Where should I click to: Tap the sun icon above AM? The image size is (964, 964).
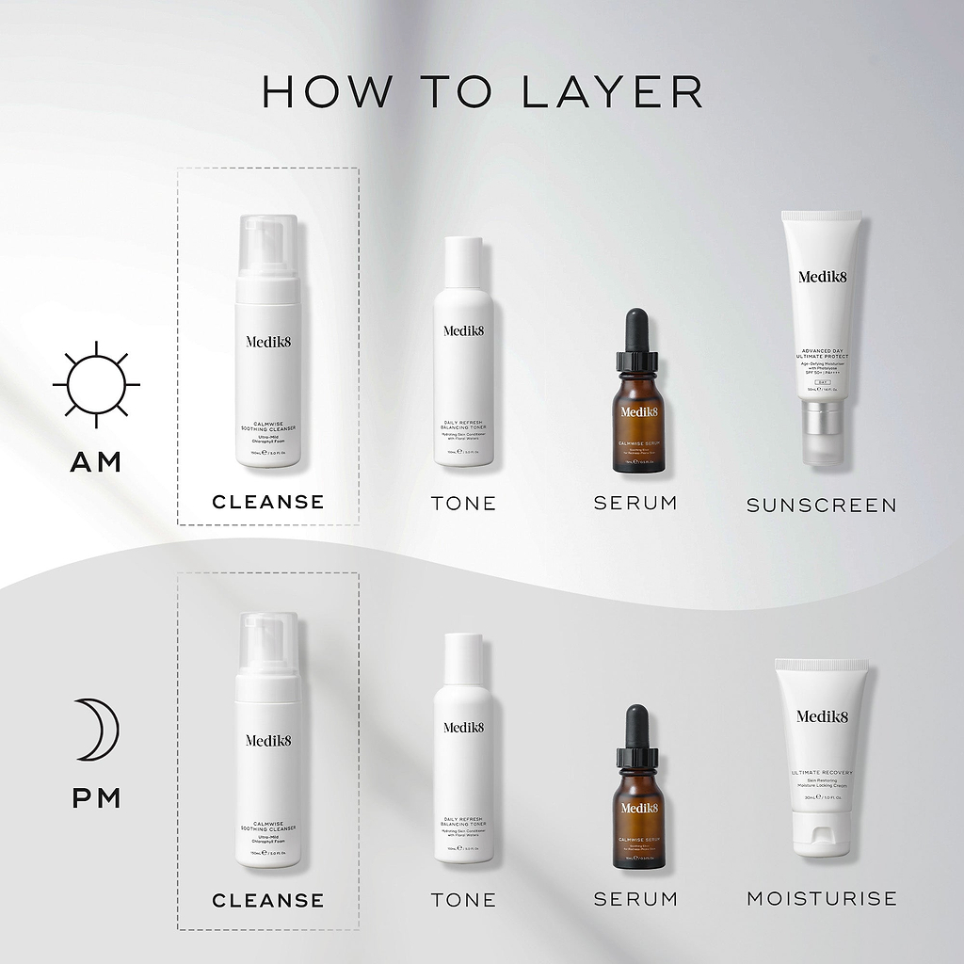[96, 384]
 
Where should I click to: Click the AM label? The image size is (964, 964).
[97, 462]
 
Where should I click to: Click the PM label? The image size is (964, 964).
[97, 799]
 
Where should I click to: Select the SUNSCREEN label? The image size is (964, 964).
[821, 506]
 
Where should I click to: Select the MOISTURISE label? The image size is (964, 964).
[821, 898]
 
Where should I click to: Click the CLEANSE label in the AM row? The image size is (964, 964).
[267, 502]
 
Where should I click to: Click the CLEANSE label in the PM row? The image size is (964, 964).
[267, 900]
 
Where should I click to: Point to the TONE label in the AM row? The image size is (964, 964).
[463, 504]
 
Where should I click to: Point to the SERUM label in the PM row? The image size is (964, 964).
[635, 899]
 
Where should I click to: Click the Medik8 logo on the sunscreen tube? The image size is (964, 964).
[824, 277]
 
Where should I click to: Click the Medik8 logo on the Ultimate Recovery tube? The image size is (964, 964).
[822, 716]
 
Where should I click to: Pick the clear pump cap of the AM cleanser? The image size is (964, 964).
[268, 244]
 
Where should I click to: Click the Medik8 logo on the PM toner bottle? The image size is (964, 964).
[463, 727]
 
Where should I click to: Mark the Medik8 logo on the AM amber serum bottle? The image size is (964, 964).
[638, 411]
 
